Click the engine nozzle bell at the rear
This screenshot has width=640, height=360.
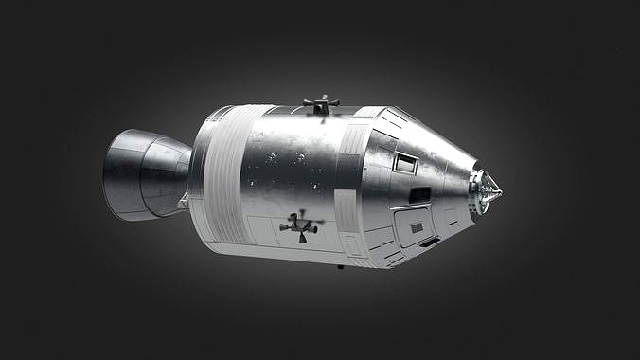pyautogui.click(x=142, y=175)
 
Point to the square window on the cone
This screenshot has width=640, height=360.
pyautogui.click(x=405, y=163)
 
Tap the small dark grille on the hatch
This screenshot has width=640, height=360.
pyautogui.click(x=417, y=227)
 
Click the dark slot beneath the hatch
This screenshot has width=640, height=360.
pyautogui.click(x=430, y=243)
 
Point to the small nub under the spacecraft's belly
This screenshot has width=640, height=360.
pyautogui.click(x=340, y=266)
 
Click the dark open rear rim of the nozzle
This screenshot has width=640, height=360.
pyautogui.click(x=110, y=175)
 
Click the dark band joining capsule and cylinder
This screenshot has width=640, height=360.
pyautogui.click(x=349, y=180)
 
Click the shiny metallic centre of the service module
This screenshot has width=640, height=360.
pyautogui.click(x=284, y=166)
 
